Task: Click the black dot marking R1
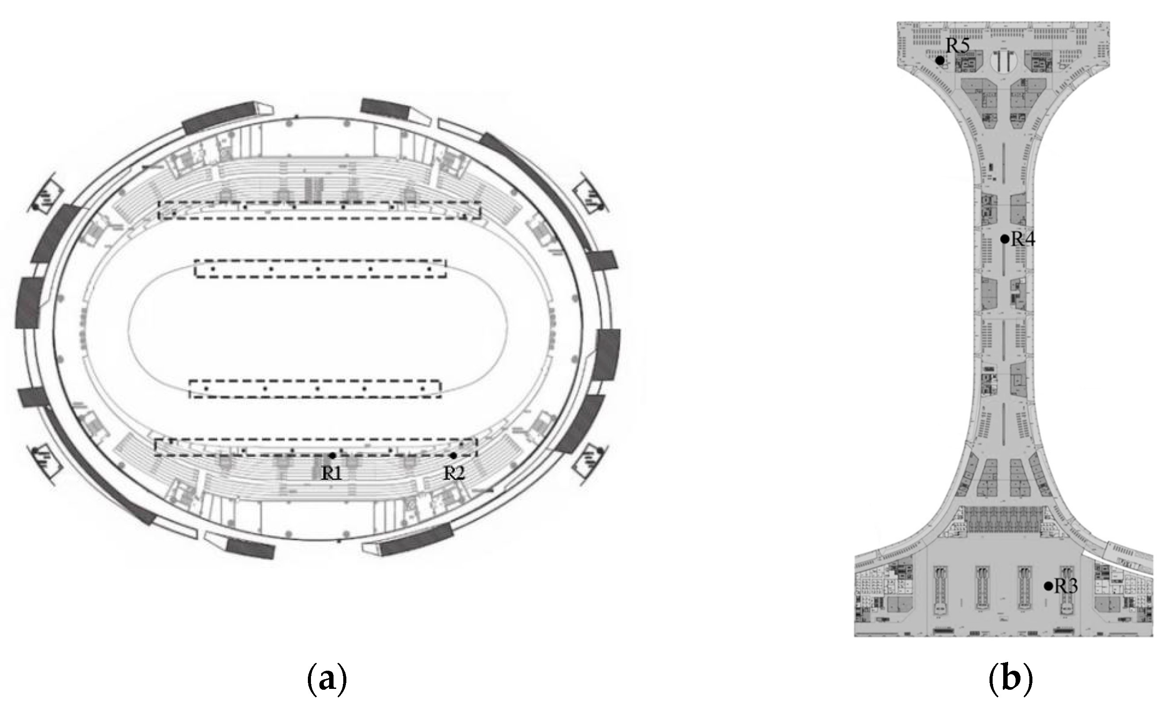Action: coord(332,455)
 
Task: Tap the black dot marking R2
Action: coord(453,455)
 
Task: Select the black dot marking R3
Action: coord(1048,586)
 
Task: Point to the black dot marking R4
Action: coord(1004,239)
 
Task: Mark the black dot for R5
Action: coord(939,60)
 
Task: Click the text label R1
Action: coord(331,473)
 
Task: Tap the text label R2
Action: coord(454,473)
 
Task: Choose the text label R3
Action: coord(1066,587)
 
